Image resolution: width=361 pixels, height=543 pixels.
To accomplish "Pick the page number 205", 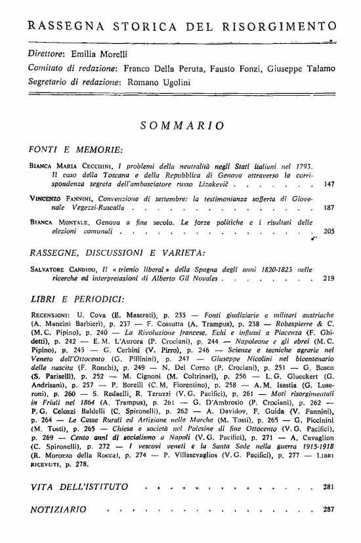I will pyautogui.click(x=329, y=231).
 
